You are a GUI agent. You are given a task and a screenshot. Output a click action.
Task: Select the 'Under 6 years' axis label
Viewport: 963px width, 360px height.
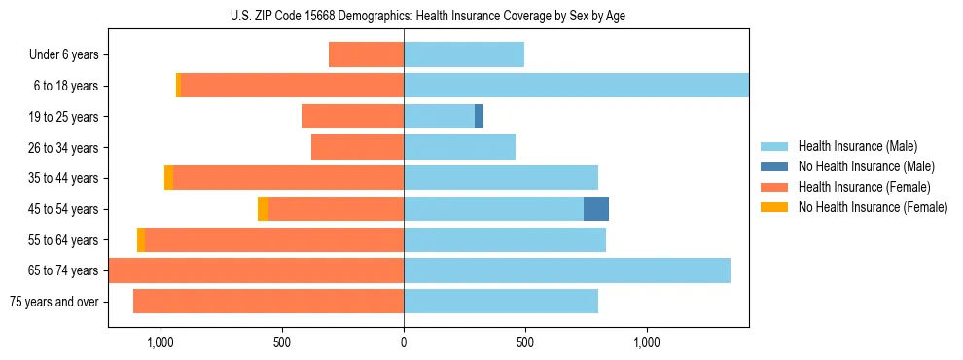click(64, 55)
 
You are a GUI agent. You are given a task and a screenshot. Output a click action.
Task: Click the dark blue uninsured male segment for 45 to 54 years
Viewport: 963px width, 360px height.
click(596, 209)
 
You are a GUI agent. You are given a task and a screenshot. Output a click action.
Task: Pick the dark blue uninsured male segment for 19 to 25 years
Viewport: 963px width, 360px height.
click(479, 117)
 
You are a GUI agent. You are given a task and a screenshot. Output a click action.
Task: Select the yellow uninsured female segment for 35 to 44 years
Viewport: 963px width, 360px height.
click(169, 178)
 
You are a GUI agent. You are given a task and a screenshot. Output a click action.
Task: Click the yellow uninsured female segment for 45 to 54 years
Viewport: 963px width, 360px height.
click(263, 209)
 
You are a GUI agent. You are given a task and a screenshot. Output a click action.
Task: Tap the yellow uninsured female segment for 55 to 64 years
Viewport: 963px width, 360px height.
click(141, 239)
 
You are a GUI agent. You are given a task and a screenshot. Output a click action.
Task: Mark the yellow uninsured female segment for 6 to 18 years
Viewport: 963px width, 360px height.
click(178, 86)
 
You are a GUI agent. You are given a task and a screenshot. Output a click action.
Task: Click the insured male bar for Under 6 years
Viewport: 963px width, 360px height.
click(464, 55)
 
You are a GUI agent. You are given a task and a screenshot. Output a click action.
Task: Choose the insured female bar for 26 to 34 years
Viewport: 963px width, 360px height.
click(357, 147)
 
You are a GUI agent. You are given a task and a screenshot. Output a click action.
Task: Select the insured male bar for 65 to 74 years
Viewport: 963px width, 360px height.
click(567, 270)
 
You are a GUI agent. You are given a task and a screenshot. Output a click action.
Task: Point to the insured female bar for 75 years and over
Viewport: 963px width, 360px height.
click(268, 302)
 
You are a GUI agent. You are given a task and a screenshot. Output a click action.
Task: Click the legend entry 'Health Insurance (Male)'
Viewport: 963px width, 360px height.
click(857, 146)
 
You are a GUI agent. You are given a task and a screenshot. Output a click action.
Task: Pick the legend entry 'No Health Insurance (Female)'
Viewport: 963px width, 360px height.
click(873, 207)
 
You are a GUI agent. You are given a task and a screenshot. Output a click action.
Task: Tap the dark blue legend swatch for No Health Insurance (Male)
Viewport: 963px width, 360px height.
click(774, 166)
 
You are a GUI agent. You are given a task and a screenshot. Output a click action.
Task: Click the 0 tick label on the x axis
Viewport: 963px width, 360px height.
click(404, 342)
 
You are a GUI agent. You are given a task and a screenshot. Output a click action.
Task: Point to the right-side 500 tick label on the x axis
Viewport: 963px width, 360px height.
click(525, 342)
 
